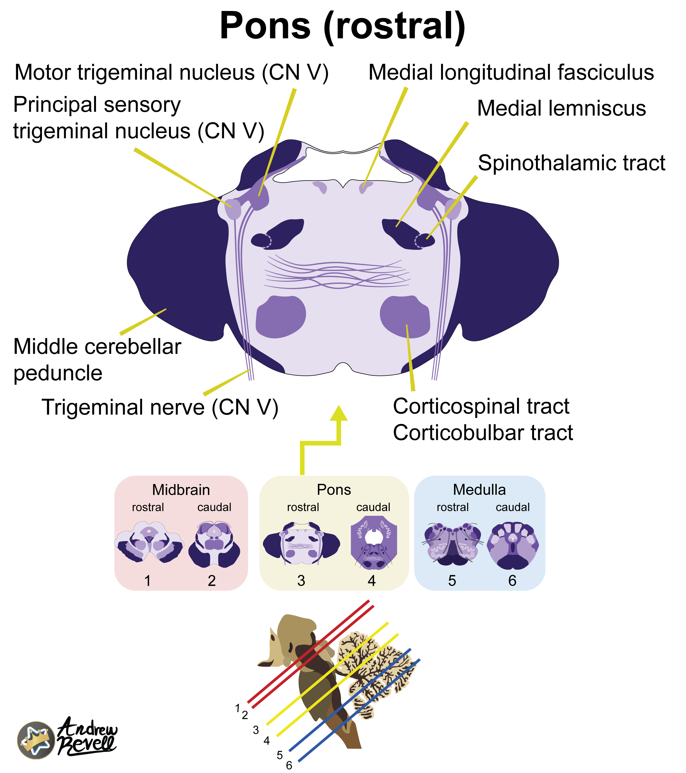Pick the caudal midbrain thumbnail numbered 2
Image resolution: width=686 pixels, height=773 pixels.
point(214,545)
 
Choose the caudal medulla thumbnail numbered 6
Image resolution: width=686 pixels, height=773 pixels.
point(513,545)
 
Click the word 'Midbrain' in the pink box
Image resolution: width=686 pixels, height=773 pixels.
point(181,490)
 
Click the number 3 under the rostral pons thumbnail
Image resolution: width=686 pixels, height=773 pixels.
point(301,581)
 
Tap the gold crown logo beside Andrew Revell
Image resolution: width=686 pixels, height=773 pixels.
point(36,740)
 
